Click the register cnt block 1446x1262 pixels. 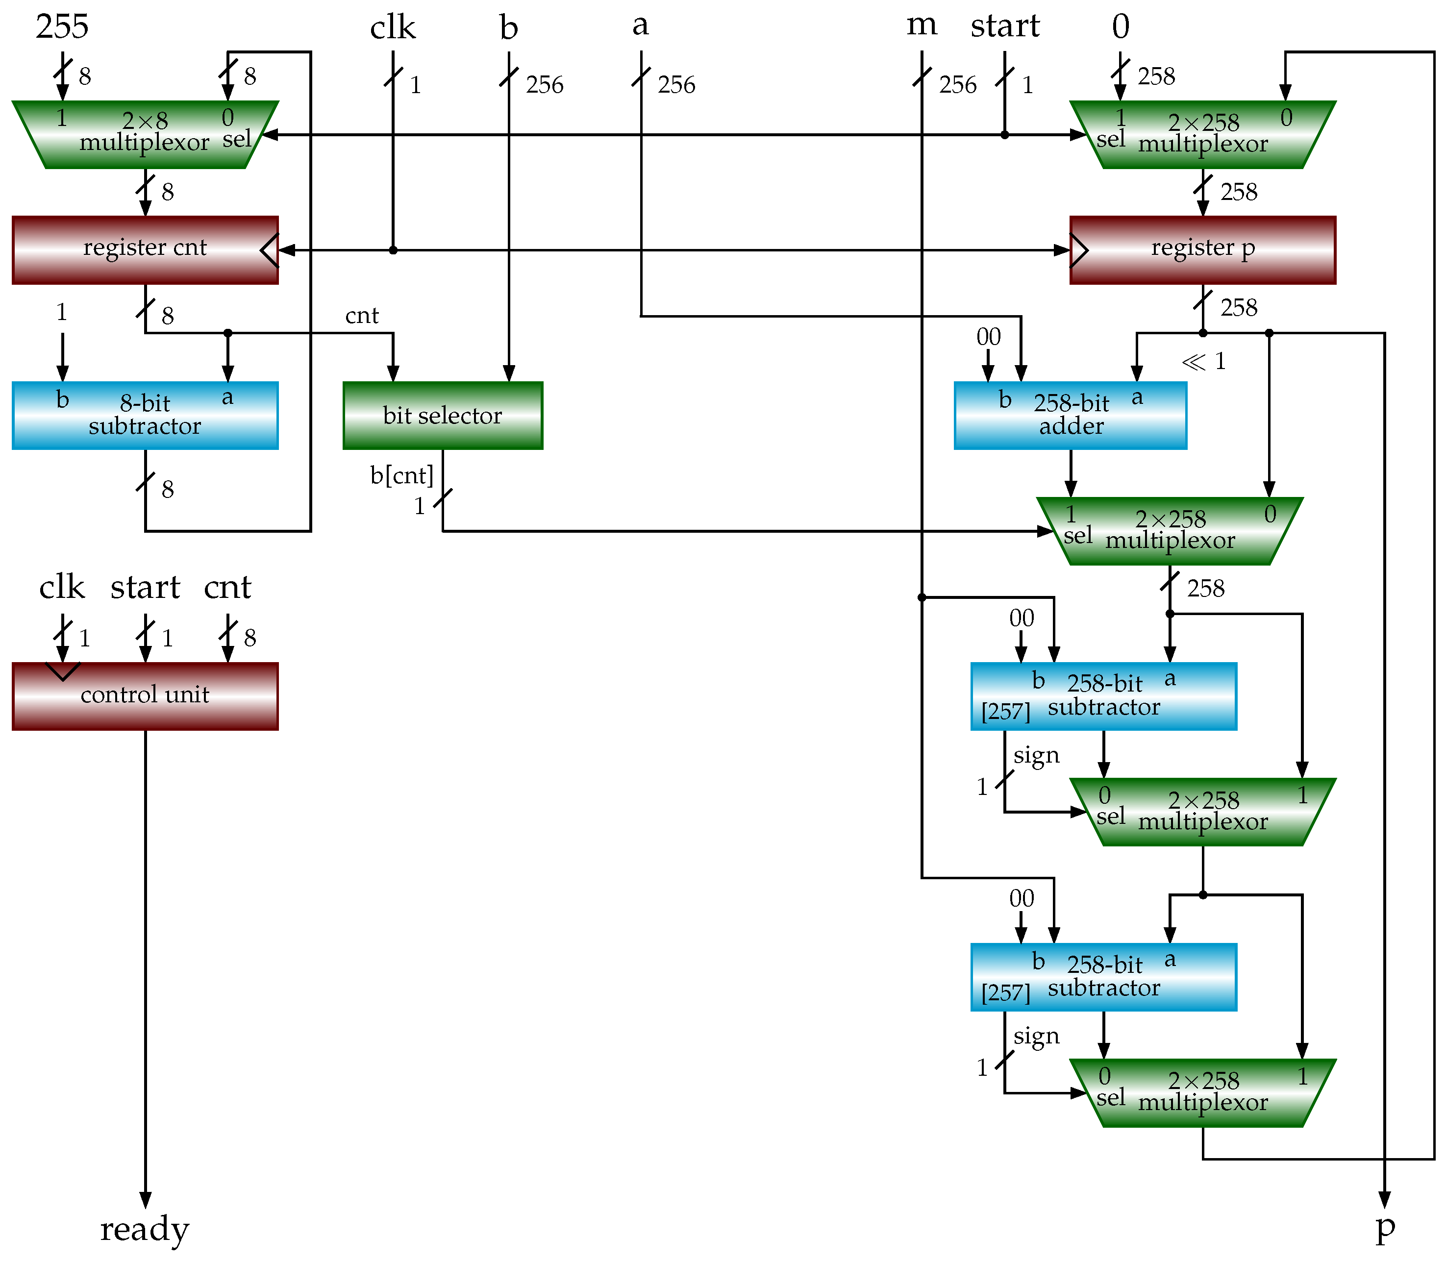(x=145, y=249)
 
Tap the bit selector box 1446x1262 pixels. (x=442, y=416)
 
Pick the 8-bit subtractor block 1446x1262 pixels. (x=145, y=416)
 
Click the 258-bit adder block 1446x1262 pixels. (x=1070, y=416)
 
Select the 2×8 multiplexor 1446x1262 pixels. (x=145, y=134)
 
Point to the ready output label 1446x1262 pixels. (x=145, y=1229)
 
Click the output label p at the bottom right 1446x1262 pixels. (x=1384, y=1229)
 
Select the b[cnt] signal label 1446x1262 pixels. (x=401, y=475)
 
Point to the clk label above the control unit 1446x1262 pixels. (x=62, y=587)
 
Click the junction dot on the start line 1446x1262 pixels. (x=1004, y=134)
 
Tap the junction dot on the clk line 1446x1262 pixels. (x=393, y=250)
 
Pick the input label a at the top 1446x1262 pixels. (x=640, y=25)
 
